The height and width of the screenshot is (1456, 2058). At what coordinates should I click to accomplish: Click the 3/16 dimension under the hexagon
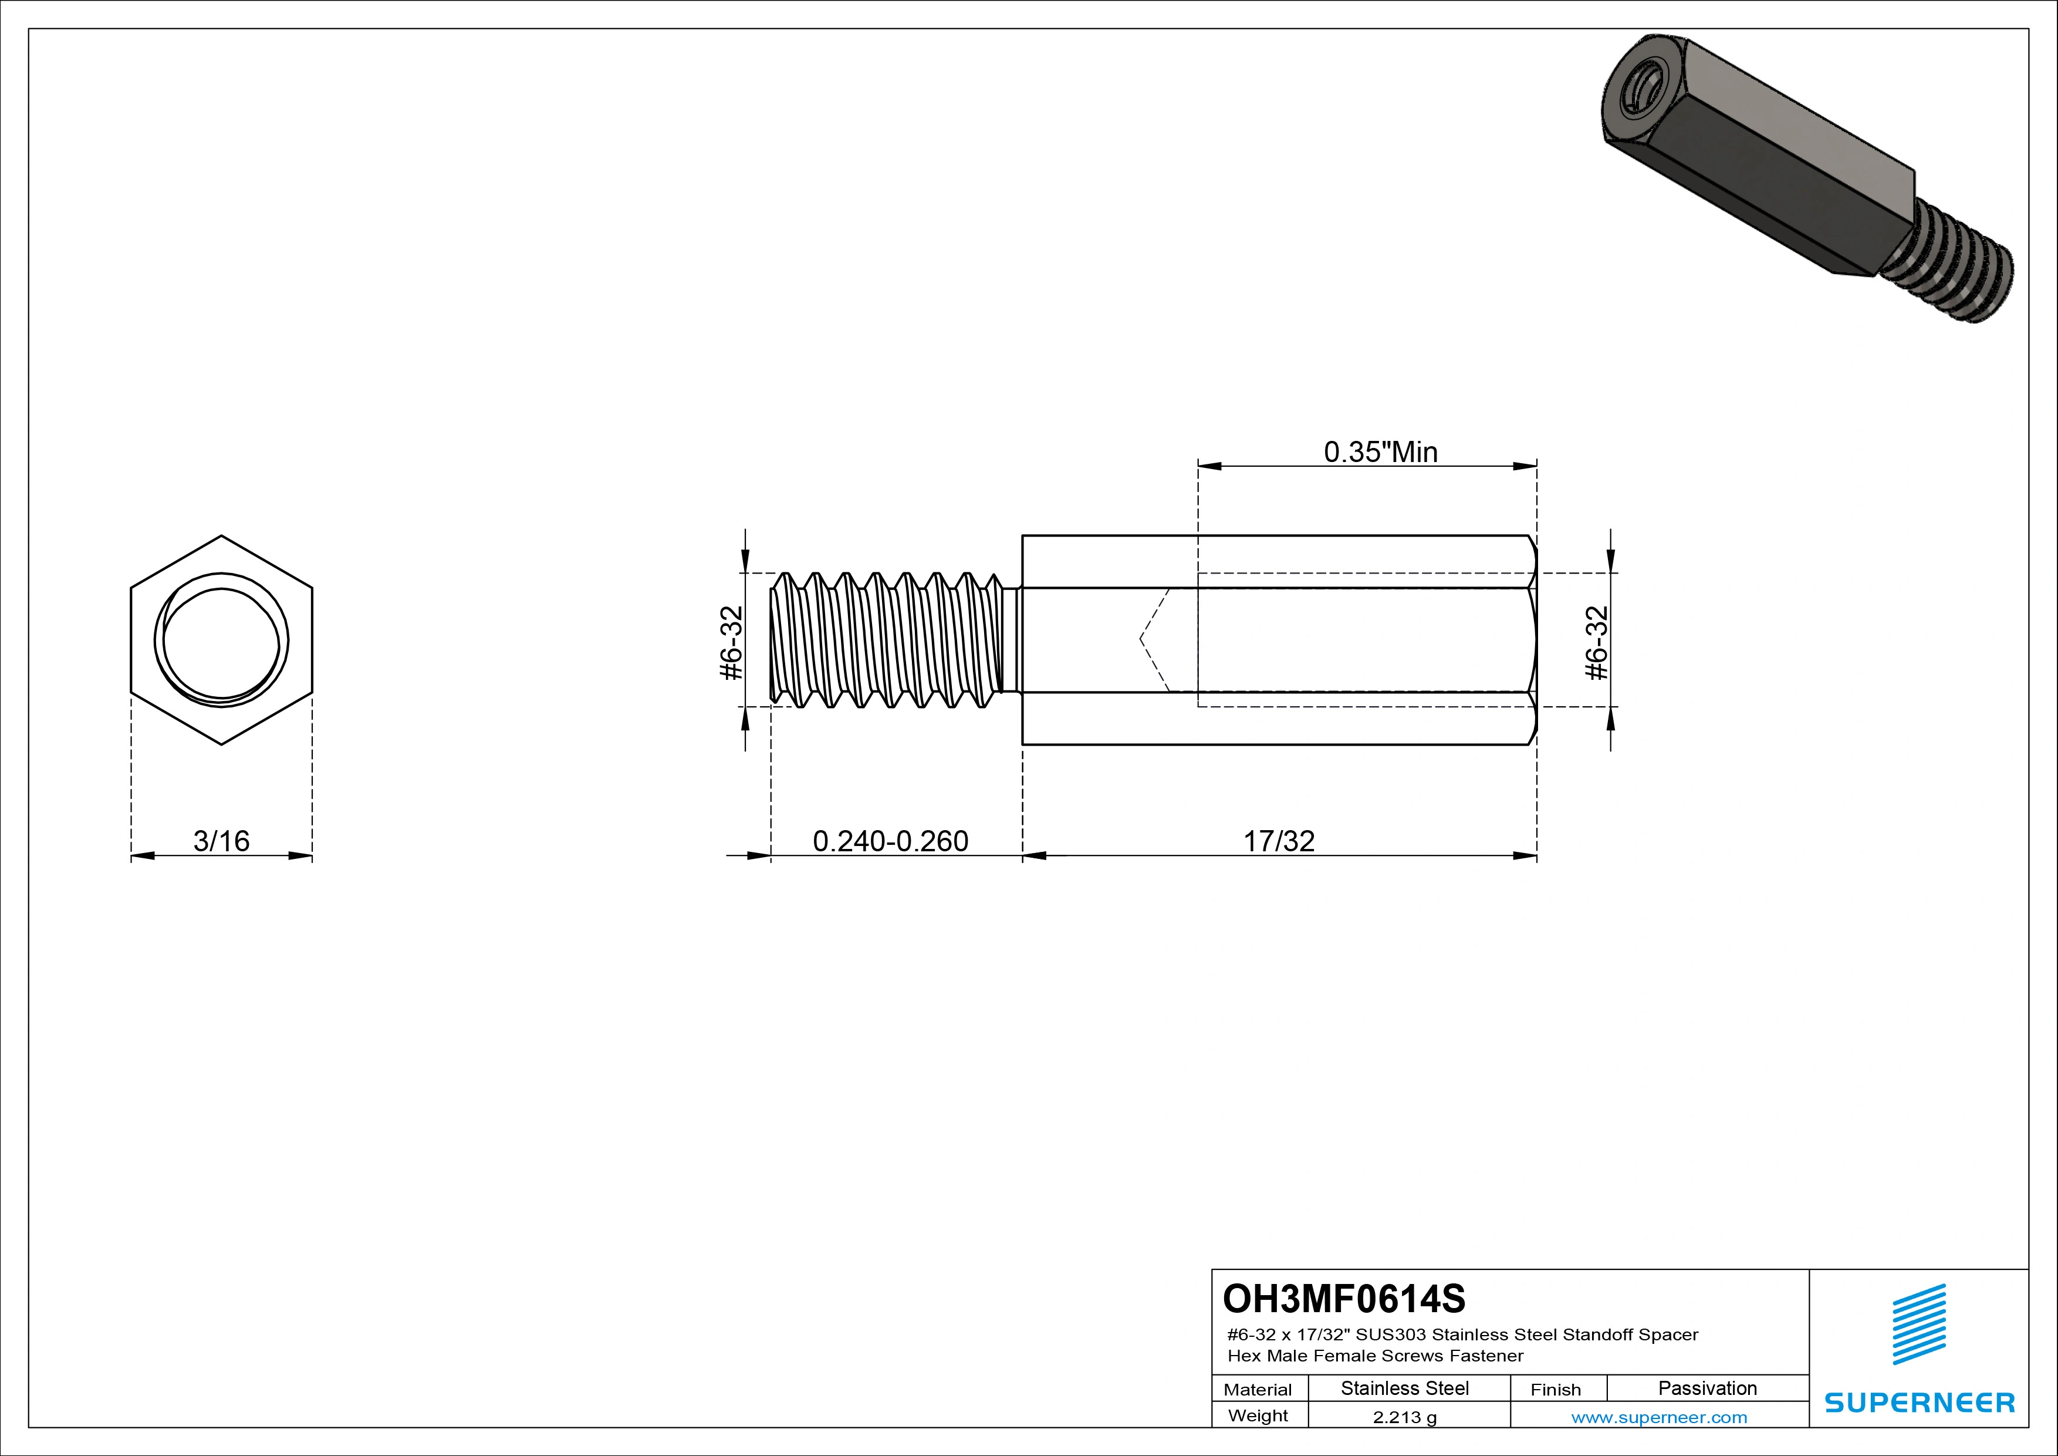(221, 841)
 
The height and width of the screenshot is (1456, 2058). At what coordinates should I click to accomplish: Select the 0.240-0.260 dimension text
(890, 841)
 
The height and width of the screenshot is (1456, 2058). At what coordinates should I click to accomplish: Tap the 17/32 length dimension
(1279, 841)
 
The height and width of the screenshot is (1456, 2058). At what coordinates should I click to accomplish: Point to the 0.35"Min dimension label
(1380, 452)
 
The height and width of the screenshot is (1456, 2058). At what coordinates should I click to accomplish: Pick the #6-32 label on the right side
(1597, 643)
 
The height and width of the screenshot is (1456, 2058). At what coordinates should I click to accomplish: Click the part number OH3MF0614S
(1344, 1298)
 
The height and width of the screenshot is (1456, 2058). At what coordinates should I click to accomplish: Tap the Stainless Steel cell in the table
(1404, 1388)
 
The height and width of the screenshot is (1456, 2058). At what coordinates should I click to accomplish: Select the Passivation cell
(1708, 1388)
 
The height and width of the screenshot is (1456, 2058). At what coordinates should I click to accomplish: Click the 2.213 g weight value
(1404, 1417)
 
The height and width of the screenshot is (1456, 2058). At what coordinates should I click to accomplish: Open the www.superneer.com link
(1659, 1417)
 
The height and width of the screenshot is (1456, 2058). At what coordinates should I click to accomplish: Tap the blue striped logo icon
(1919, 1324)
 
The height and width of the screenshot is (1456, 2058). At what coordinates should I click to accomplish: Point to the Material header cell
(1258, 1390)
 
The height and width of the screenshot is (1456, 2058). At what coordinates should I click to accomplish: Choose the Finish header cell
(1556, 1390)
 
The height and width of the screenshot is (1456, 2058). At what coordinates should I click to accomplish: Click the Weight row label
(1258, 1415)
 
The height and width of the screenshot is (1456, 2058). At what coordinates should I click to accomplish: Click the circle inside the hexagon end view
(221, 640)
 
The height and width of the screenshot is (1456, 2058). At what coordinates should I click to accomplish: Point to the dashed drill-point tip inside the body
(1140, 639)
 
